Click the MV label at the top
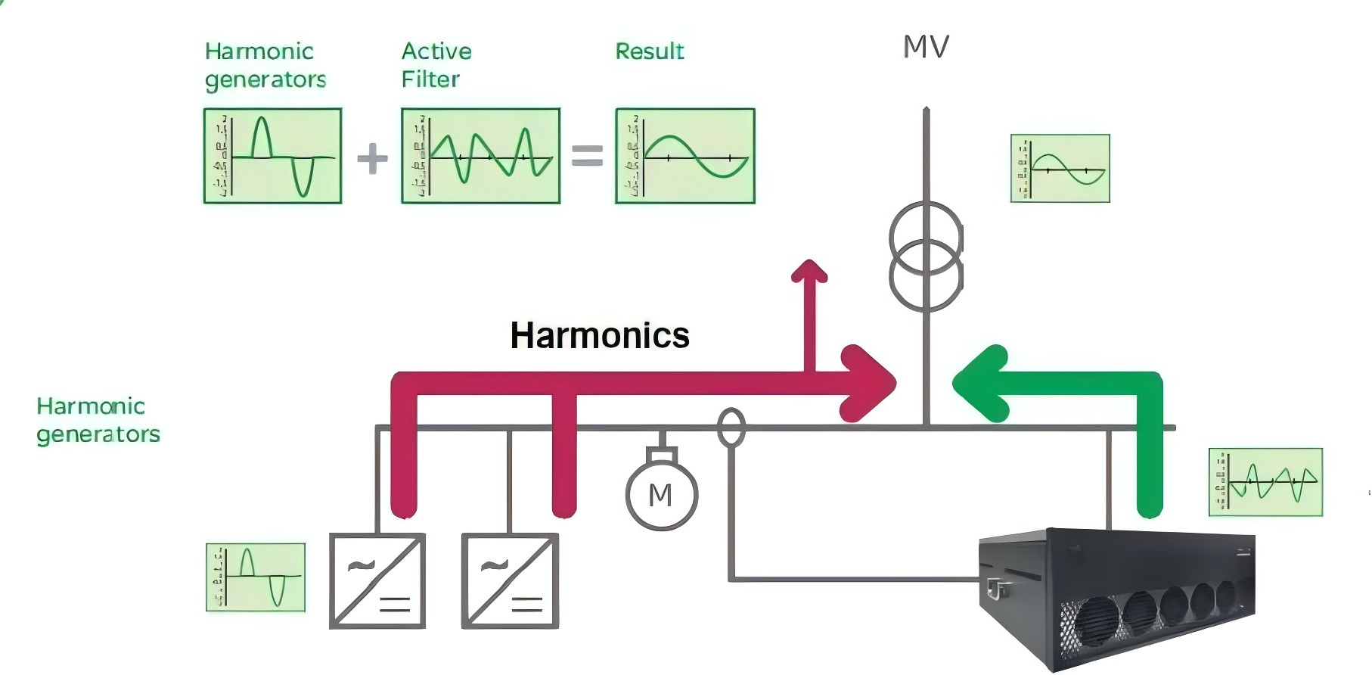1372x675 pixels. click(926, 47)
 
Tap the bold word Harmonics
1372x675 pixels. click(600, 335)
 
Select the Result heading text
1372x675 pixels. click(649, 51)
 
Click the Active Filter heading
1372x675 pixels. click(436, 65)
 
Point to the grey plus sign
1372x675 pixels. click(372, 159)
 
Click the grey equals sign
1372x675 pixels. click(587, 156)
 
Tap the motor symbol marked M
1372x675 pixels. click(661, 494)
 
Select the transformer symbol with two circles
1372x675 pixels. click(926, 257)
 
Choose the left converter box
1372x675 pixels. click(377, 581)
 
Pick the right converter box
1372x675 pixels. click(510, 581)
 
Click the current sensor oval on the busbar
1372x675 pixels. click(731, 428)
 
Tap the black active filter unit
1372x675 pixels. click(1116, 598)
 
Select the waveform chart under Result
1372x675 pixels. click(685, 156)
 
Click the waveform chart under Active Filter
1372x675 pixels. click(480, 156)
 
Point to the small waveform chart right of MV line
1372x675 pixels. click(1060, 169)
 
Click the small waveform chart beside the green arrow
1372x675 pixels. click(1265, 482)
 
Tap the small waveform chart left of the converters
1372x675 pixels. click(256, 577)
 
